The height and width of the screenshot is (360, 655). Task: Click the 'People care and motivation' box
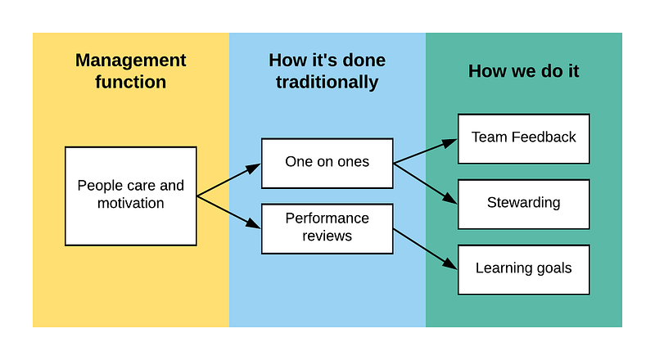pos(131,196)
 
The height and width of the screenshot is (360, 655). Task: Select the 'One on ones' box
pos(327,164)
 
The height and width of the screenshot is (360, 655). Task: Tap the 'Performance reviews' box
pos(327,229)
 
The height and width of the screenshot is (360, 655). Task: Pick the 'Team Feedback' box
pos(524,138)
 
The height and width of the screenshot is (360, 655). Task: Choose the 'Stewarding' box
pos(524,205)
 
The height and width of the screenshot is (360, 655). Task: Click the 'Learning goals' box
pos(524,270)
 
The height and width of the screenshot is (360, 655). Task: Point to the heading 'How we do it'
pos(523,71)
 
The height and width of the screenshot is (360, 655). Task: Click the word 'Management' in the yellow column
pos(131,61)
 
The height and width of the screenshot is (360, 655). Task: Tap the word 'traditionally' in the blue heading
pos(327,83)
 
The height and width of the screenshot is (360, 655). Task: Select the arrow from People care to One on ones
pos(229,180)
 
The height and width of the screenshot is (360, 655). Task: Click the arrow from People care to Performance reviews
pos(229,212)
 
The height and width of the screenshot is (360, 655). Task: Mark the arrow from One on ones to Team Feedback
pos(425,151)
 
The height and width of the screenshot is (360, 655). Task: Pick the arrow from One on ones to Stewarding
pos(425,184)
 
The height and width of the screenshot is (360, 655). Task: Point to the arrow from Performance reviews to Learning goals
pos(425,249)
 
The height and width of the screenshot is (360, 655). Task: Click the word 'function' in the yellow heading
pos(131,82)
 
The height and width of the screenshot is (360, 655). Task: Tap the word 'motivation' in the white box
pos(131,204)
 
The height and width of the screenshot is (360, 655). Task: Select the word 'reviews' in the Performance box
pos(327,236)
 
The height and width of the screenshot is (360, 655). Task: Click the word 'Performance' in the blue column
pos(327,218)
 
